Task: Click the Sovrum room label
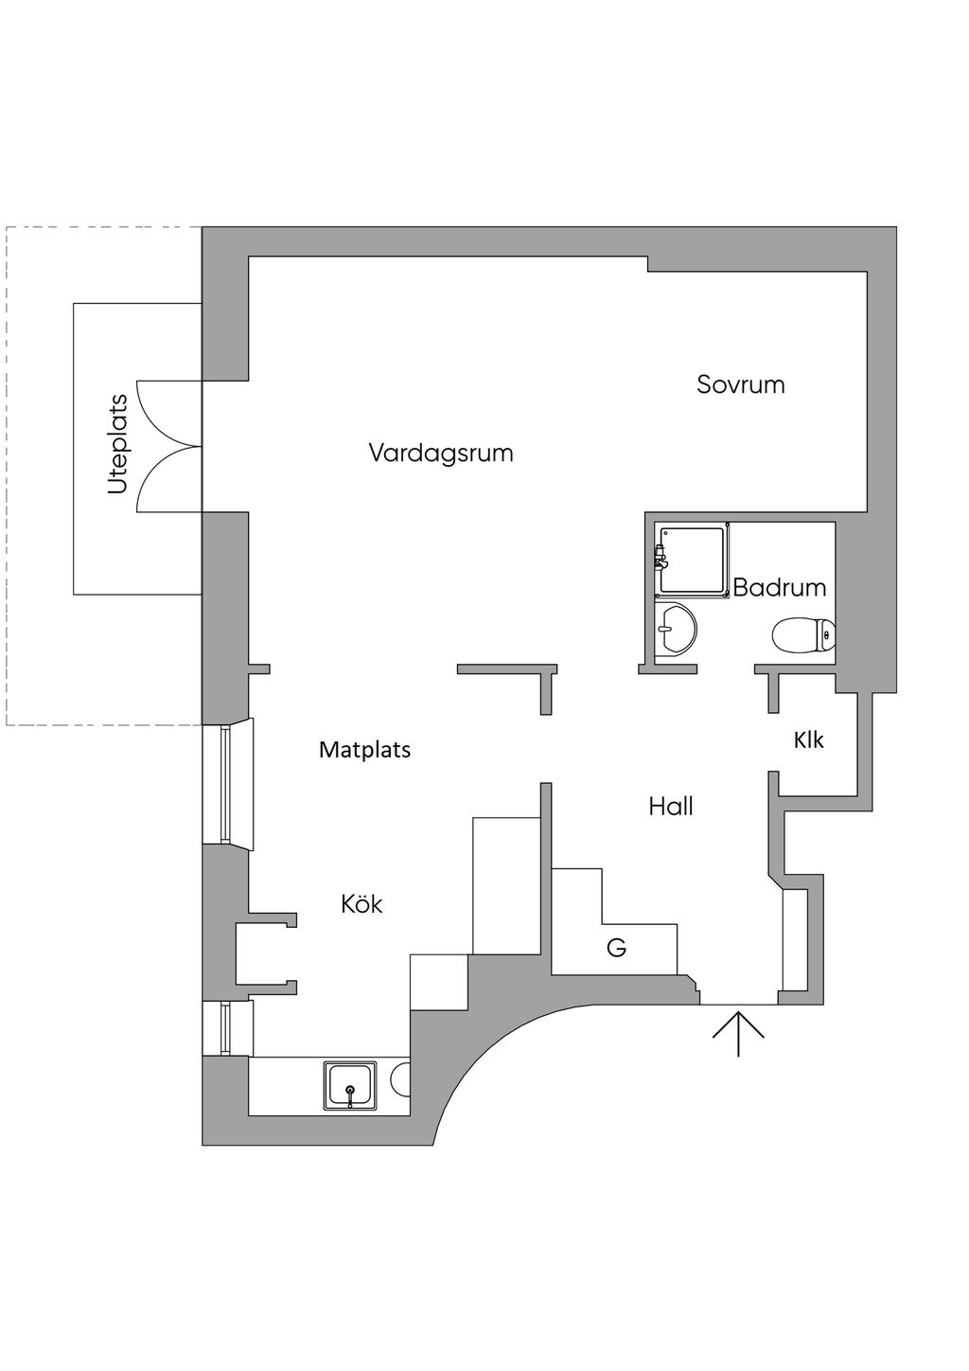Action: [740, 384]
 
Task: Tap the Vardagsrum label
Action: [441, 454]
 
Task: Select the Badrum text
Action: [780, 588]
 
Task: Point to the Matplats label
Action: [364, 750]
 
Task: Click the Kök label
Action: [361, 903]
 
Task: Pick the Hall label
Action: [671, 807]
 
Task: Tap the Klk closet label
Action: [809, 740]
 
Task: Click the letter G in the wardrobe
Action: [617, 948]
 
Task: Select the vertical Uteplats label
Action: [117, 444]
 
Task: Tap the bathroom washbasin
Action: [676, 629]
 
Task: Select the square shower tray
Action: [692, 560]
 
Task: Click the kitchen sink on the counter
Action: [350, 1086]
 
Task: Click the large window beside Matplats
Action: [227, 784]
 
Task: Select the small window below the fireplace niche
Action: [227, 1028]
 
